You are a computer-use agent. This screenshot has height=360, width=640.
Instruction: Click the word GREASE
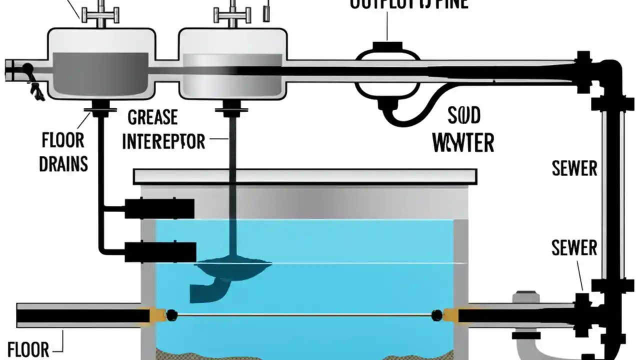pos(152,118)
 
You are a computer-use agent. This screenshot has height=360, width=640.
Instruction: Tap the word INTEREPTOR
pos(163,141)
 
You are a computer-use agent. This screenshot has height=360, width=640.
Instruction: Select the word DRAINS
pos(63,163)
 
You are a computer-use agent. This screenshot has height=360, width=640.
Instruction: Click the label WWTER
pos(463,143)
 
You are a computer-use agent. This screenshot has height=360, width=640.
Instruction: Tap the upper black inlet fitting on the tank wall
pos(159,208)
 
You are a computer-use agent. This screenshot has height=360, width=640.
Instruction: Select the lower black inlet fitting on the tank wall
pos(160,251)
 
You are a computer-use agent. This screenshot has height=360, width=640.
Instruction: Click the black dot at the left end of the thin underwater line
pos(171,315)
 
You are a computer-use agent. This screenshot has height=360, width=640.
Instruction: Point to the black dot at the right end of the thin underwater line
pos(436,315)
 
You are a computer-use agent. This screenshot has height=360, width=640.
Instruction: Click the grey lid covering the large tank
pos(305,176)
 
